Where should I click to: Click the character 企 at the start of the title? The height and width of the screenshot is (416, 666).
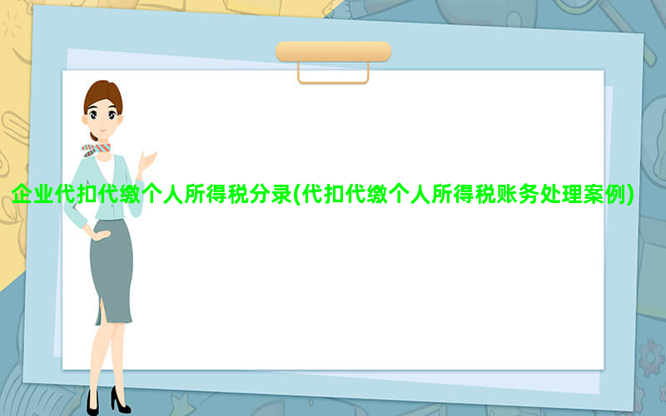pos(22,194)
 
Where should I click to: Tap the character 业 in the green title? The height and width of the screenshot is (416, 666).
pos(44,194)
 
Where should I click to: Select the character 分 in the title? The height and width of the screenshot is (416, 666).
pos(260,194)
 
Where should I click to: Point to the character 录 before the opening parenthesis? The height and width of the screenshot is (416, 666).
pos(281,194)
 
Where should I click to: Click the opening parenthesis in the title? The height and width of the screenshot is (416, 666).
pos(297,195)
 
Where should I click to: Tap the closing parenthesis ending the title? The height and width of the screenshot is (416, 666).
pos(630,195)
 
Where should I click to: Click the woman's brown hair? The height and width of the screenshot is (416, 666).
pos(103,93)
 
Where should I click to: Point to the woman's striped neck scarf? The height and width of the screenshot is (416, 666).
pos(96,150)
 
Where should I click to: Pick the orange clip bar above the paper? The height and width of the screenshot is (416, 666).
pos(334,52)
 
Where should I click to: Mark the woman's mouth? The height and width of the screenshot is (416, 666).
pos(102,130)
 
